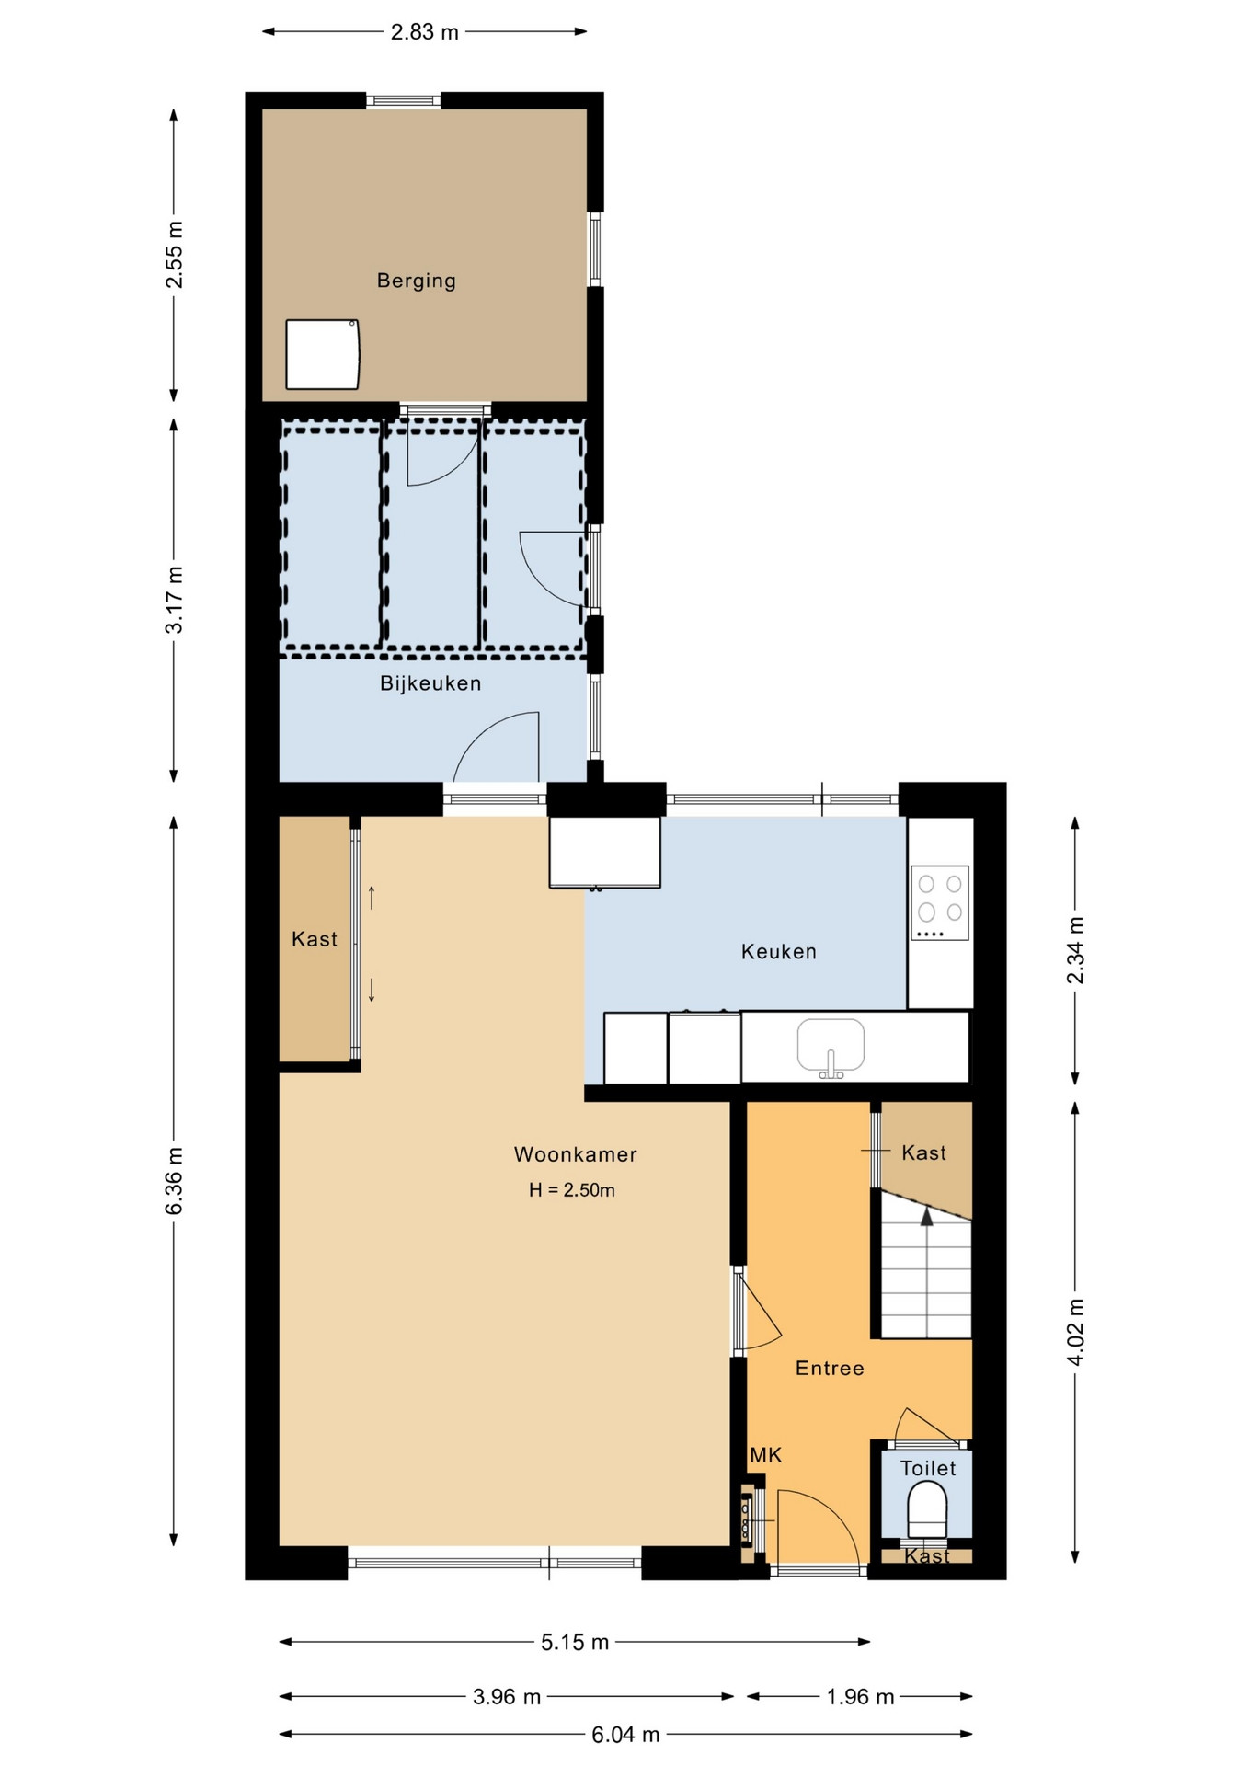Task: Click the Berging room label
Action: pyautogui.click(x=416, y=281)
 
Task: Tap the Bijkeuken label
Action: pyautogui.click(x=430, y=683)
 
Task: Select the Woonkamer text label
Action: pyautogui.click(x=575, y=1154)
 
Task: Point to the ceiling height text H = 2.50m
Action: pyautogui.click(x=571, y=1190)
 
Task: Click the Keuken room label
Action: pyautogui.click(x=779, y=952)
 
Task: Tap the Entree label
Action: pyautogui.click(x=830, y=1369)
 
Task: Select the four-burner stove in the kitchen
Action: pyautogui.click(x=940, y=902)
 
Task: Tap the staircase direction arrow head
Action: pyautogui.click(x=927, y=1216)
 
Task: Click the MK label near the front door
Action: pyautogui.click(x=765, y=1455)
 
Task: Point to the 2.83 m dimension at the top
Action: pyautogui.click(x=424, y=32)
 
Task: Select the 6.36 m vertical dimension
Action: pyautogui.click(x=175, y=1181)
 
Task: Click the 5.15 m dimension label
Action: pyautogui.click(x=575, y=1642)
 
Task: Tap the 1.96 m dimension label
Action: pyautogui.click(x=860, y=1697)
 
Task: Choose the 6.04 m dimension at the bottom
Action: pyautogui.click(x=625, y=1735)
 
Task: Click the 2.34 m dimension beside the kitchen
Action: pyautogui.click(x=1075, y=950)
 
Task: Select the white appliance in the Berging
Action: pyautogui.click(x=322, y=354)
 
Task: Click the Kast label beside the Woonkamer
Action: pyautogui.click(x=315, y=939)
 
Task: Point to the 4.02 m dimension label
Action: pyautogui.click(x=1075, y=1332)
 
